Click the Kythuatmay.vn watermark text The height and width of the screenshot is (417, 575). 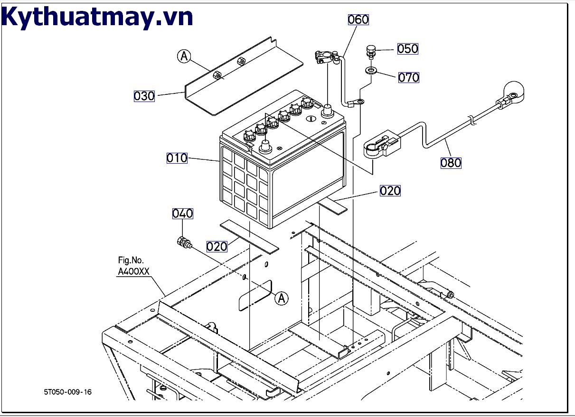(97, 17)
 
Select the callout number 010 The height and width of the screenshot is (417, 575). (177, 158)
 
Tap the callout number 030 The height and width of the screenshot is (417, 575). (144, 96)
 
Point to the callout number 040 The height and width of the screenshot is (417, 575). (182, 214)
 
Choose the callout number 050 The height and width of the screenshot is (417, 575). (407, 49)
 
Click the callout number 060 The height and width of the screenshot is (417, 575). (358, 19)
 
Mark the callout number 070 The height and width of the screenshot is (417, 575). (408, 77)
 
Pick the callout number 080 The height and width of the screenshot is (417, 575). (451, 163)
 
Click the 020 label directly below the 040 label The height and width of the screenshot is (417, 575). (217, 247)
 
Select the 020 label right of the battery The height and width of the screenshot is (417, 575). (390, 191)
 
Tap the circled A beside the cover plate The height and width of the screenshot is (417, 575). (184, 56)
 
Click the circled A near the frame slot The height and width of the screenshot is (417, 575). (282, 298)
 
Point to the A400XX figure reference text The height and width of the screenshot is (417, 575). (133, 272)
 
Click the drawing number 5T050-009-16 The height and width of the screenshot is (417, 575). (68, 392)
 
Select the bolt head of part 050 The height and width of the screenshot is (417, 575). (371, 50)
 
